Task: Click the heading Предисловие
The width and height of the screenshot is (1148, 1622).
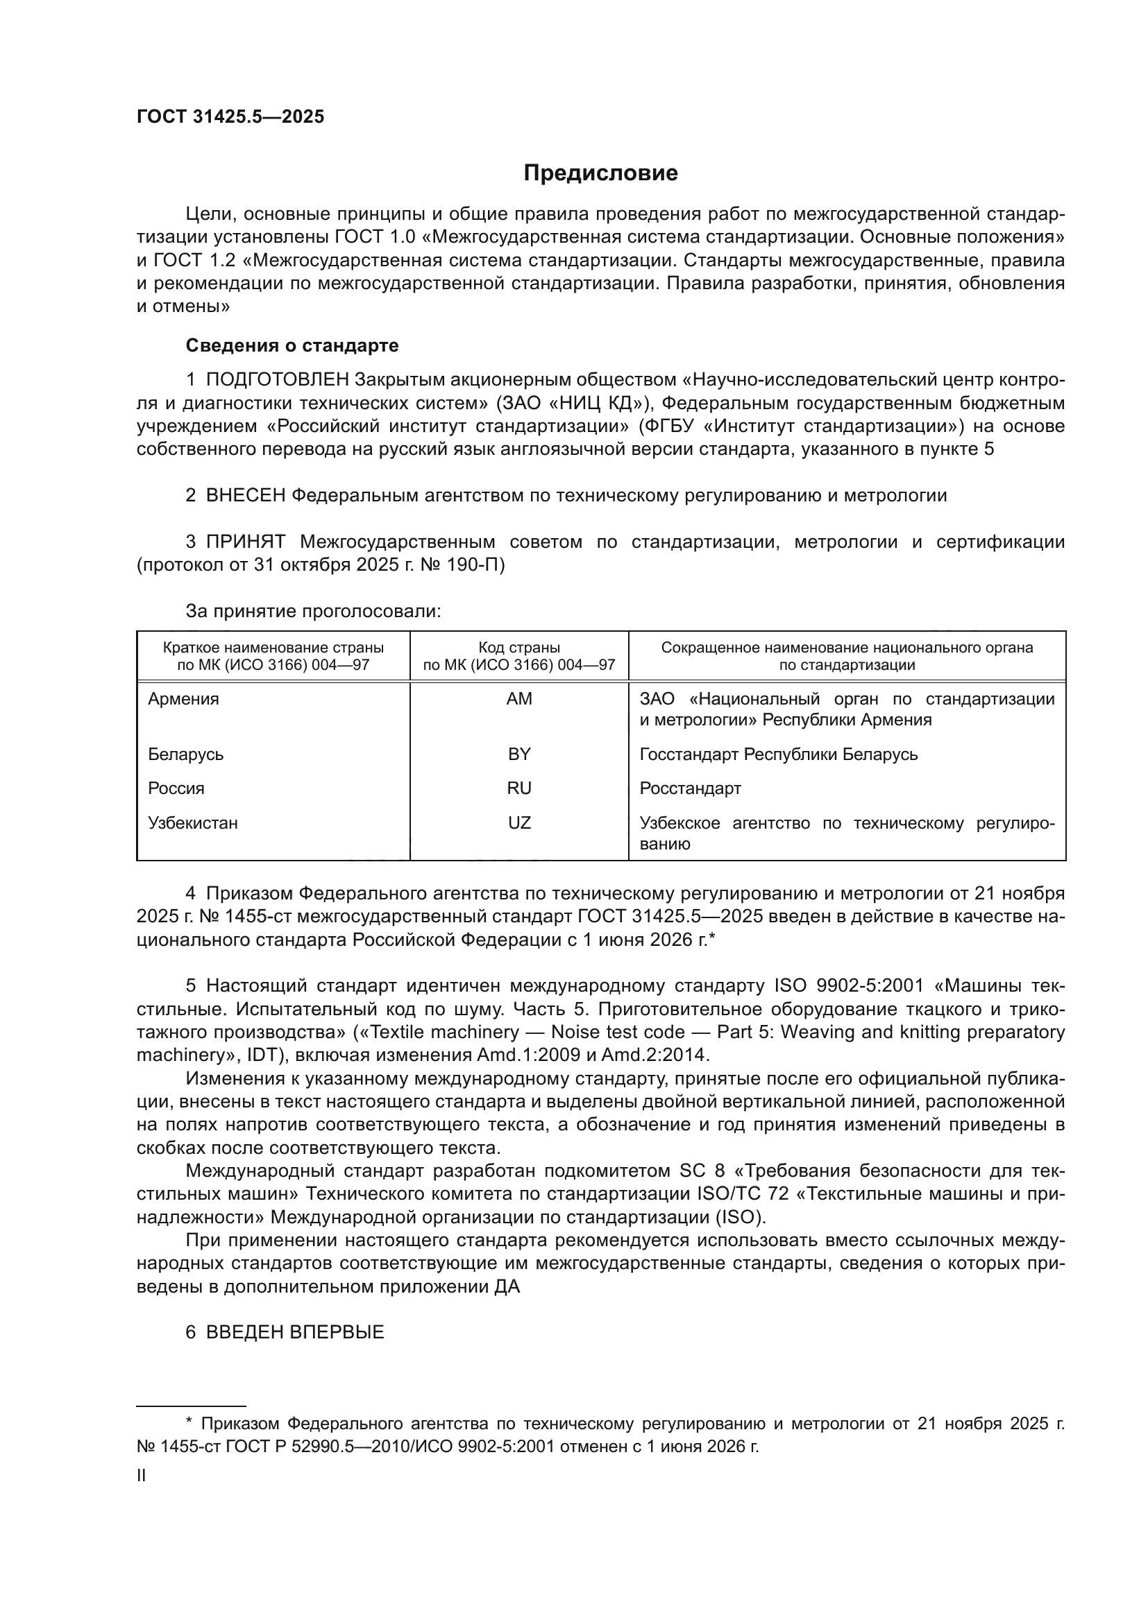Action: pos(600,173)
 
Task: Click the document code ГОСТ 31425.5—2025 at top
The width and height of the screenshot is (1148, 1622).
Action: pos(230,117)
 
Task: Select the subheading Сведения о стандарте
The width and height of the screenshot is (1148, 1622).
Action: pos(292,345)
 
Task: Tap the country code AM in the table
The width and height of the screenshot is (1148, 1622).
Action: pos(519,699)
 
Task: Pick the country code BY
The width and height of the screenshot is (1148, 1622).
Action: pos(519,754)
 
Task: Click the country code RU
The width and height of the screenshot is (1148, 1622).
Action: pos(519,788)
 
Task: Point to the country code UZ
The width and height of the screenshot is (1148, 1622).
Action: pos(519,823)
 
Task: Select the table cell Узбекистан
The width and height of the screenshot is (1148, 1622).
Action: pos(193,823)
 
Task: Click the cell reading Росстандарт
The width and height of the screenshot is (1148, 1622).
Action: pos(690,788)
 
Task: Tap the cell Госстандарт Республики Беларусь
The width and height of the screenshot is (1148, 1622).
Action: pos(778,754)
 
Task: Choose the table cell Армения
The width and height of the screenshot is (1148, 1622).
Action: pos(183,699)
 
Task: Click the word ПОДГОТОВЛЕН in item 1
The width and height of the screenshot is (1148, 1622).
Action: pos(277,380)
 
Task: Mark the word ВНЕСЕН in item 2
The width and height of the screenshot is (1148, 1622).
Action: pos(245,495)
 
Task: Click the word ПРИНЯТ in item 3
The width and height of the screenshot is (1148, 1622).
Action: pos(245,542)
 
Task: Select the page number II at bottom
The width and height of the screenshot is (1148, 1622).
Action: pos(142,1476)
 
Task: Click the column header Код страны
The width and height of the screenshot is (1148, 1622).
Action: pos(519,648)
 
